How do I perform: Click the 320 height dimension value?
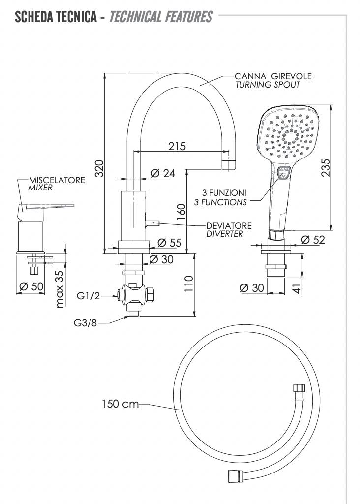[x=98, y=169]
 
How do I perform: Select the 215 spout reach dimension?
[x=178, y=146]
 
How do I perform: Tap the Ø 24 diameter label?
[x=163, y=173]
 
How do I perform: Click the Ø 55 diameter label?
[x=169, y=243]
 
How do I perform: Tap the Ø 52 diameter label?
[x=313, y=240]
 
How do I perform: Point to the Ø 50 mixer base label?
[x=31, y=286]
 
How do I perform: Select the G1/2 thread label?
[x=89, y=296]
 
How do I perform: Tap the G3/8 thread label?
[x=86, y=323]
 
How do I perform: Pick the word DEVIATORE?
[x=229, y=225]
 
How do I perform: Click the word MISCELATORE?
[x=57, y=180]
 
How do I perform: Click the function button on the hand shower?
[x=283, y=173]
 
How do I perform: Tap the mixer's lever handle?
[x=47, y=206]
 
